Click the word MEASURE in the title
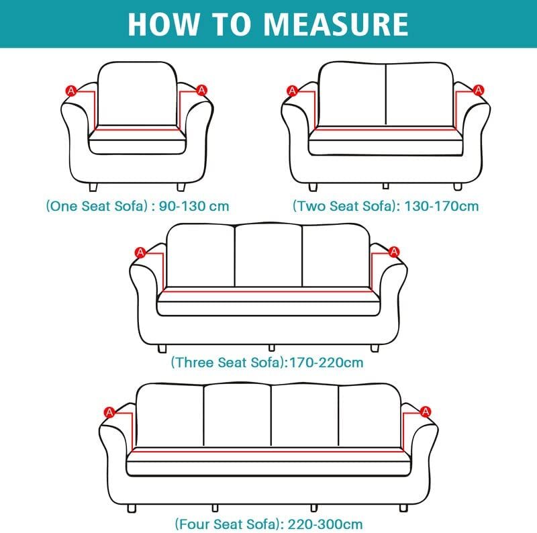coord(336,23)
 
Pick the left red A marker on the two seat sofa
coord(292,90)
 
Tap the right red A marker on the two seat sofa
coord(478,90)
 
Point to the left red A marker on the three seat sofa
coord(140,252)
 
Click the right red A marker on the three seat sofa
coord(394,252)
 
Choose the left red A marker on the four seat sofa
coord(109,411)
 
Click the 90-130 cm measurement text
coord(195,206)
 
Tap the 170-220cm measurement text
coord(326,363)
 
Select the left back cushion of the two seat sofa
coord(351,93)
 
